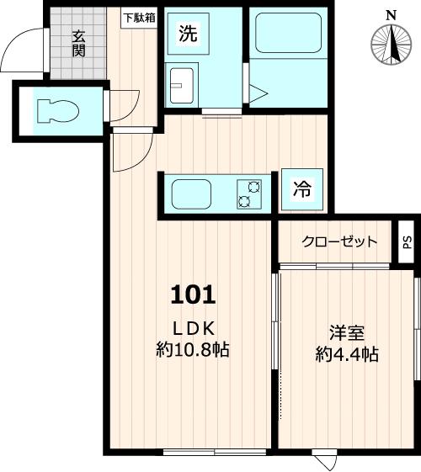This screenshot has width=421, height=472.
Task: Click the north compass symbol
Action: (x=390, y=44)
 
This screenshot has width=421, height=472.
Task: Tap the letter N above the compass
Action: (x=390, y=14)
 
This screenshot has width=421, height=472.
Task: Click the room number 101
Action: (x=194, y=294)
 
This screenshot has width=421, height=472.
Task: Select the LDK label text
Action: (x=194, y=328)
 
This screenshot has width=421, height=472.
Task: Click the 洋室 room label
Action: (x=346, y=331)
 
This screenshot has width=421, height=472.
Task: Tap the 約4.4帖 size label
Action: (x=346, y=354)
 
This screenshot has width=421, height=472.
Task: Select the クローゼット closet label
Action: (x=340, y=241)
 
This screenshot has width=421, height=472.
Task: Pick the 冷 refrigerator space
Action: (x=301, y=191)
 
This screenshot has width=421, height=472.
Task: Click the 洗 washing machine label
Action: (x=187, y=34)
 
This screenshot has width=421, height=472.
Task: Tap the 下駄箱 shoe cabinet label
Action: (x=140, y=17)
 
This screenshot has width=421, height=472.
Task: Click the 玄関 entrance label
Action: (x=78, y=44)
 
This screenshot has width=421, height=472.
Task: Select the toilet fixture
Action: (x=55, y=110)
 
